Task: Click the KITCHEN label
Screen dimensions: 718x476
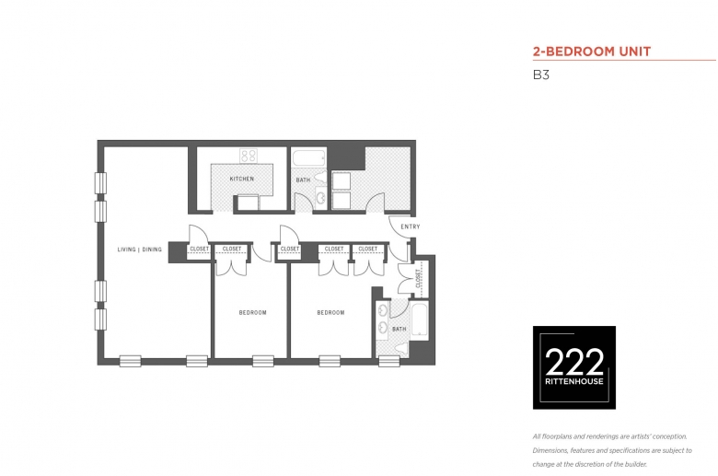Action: click(242, 179)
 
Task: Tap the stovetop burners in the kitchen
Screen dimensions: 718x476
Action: click(249, 156)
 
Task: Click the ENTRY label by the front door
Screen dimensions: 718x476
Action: click(411, 226)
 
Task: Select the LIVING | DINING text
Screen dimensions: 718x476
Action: click(140, 250)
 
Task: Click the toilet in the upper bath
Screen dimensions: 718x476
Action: click(320, 177)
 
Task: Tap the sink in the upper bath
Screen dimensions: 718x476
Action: click(321, 198)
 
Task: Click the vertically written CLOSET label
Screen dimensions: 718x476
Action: click(418, 279)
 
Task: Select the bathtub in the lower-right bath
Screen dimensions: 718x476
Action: click(420, 319)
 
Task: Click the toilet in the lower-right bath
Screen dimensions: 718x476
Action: click(401, 349)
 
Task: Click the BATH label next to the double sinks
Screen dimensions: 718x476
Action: click(399, 329)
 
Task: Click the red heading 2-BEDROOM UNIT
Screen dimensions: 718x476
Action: click(592, 52)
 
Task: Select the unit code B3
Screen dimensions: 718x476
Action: click(540, 75)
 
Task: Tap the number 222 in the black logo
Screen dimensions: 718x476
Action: click(574, 362)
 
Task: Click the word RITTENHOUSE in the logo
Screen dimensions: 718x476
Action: click(574, 381)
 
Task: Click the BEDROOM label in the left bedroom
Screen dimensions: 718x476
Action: click(253, 312)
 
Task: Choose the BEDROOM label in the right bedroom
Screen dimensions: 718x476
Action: click(330, 312)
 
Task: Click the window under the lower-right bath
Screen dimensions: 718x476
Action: click(389, 362)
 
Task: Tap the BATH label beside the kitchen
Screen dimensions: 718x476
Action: click(303, 180)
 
